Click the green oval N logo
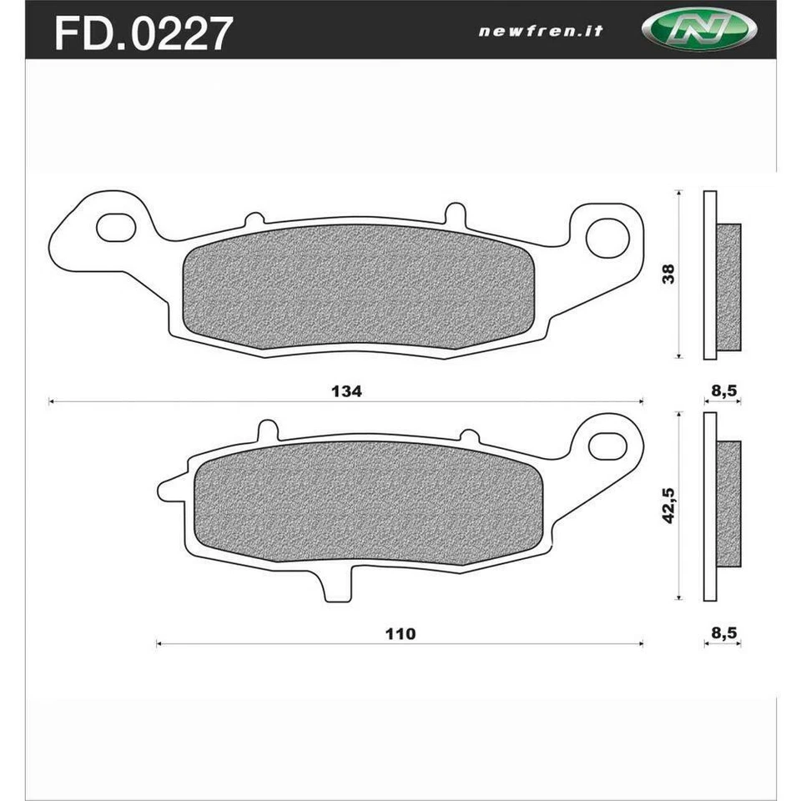(699, 31)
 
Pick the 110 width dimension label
(400, 633)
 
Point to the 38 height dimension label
(668, 275)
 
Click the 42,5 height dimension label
(668, 506)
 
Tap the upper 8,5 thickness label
(723, 390)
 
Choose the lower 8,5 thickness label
(723, 632)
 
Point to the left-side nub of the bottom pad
(169, 490)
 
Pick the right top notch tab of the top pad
(452, 213)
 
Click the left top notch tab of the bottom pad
(267, 430)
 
